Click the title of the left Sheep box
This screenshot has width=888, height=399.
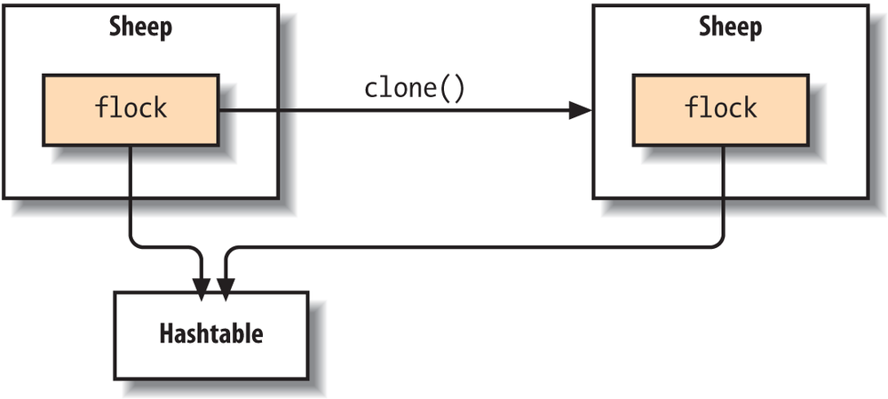click(140, 28)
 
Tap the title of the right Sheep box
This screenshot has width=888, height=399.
click(730, 28)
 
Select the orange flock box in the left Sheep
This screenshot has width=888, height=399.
click(131, 110)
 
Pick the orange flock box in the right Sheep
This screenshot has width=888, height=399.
click(721, 110)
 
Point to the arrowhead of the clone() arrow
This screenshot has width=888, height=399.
click(580, 110)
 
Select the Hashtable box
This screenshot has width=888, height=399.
click(211, 335)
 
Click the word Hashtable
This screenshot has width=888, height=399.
click(211, 334)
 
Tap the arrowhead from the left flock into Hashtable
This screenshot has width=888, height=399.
click(202, 289)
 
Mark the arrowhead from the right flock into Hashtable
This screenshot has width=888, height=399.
click(226, 289)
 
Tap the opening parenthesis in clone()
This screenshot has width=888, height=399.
click(446, 90)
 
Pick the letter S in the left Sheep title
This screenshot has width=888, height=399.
click(116, 27)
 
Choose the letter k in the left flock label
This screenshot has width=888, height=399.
click(160, 107)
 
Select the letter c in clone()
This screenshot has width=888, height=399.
click(371, 92)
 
